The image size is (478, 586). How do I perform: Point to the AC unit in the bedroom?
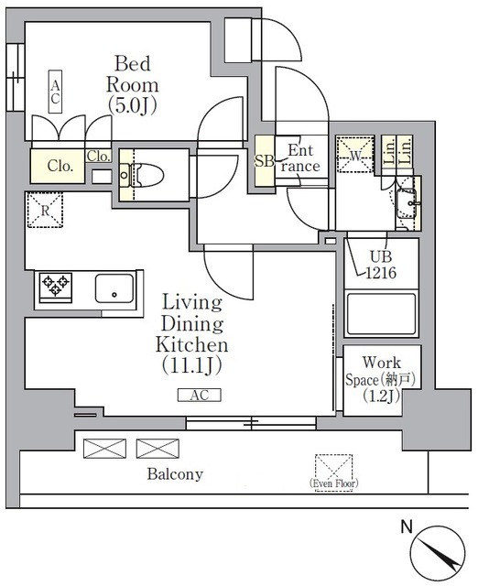tap(56, 92)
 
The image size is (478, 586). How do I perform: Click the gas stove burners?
tap(55, 288)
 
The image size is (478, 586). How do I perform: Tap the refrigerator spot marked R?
tap(44, 210)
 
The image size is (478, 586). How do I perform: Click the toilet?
tap(146, 174)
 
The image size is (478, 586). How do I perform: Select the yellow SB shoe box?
tap(262, 162)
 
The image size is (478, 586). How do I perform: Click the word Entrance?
tap(302, 158)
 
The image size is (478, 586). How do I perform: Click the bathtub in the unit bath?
tap(381, 313)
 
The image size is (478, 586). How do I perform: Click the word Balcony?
tap(175, 474)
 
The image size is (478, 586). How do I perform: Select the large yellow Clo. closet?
tap(60, 166)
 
